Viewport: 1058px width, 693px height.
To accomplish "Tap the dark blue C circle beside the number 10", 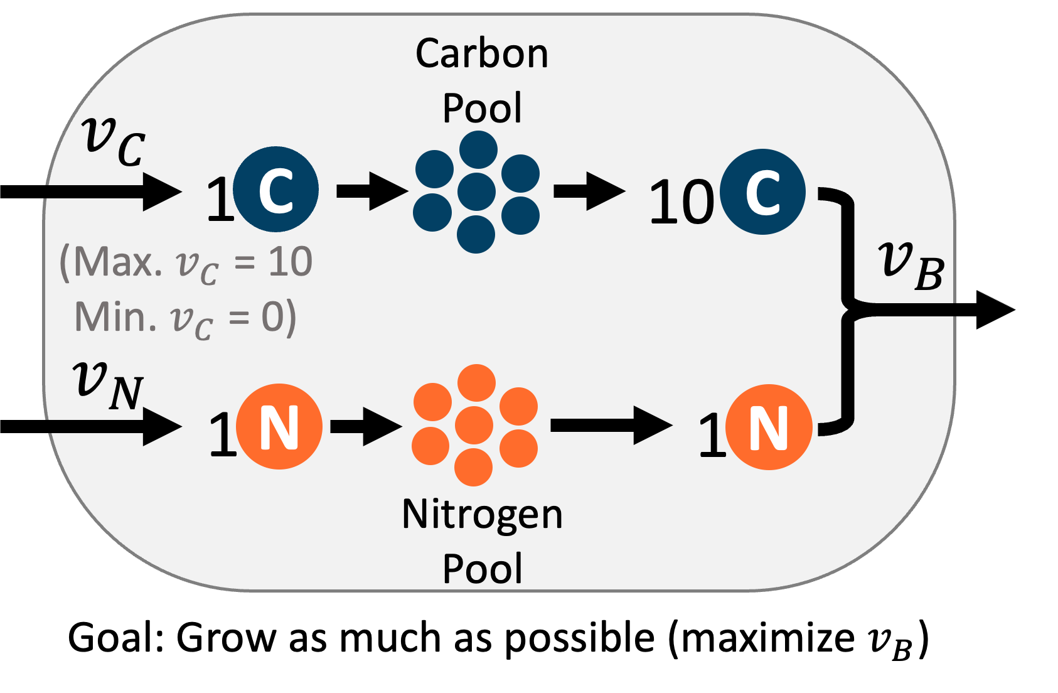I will click(762, 191).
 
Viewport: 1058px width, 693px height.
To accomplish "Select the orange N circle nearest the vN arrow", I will click(279, 427).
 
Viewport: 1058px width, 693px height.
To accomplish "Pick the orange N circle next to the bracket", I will click(769, 427).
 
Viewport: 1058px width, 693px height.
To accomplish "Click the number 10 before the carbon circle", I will click(681, 202).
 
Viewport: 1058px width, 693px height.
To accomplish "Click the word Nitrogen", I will click(482, 515).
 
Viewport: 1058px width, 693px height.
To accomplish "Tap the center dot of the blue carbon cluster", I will click(477, 191).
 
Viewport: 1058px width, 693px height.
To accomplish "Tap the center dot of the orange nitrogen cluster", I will click(474, 425).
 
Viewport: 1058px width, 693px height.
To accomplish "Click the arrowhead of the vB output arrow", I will click(995, 309).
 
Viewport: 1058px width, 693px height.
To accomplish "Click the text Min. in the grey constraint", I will click(115, 316).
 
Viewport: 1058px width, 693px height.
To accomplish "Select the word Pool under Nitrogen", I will click(482, 569).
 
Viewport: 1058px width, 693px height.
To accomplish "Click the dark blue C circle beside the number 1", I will click(276, 188).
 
